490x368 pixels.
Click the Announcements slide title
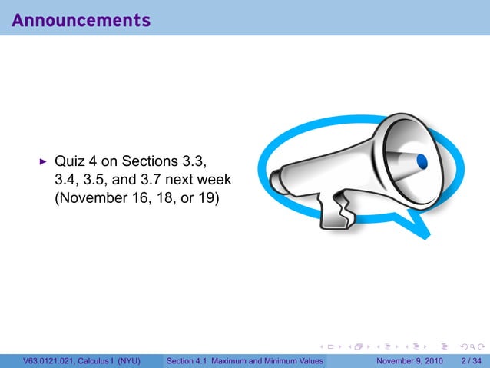pyautogui.click(x=81, y=20)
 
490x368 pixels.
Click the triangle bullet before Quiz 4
pyautogui.click(x=43, y=162)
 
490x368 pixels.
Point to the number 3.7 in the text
pyautogui.click(x=155, y=179)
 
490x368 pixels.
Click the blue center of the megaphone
pyautogui.click(x=421, y=161)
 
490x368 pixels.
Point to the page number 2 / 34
pyautogui.click(x=471, y=360)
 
